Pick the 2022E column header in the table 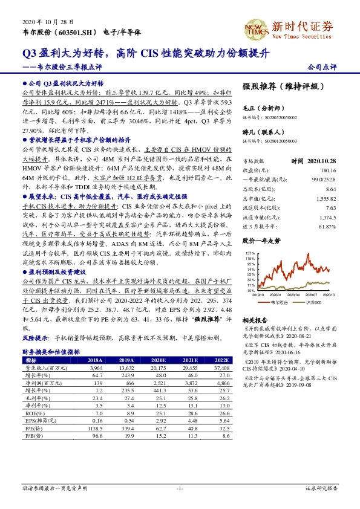click(221, 359)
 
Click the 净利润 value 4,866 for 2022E click(221, 382)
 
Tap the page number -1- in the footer click(179, 487)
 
